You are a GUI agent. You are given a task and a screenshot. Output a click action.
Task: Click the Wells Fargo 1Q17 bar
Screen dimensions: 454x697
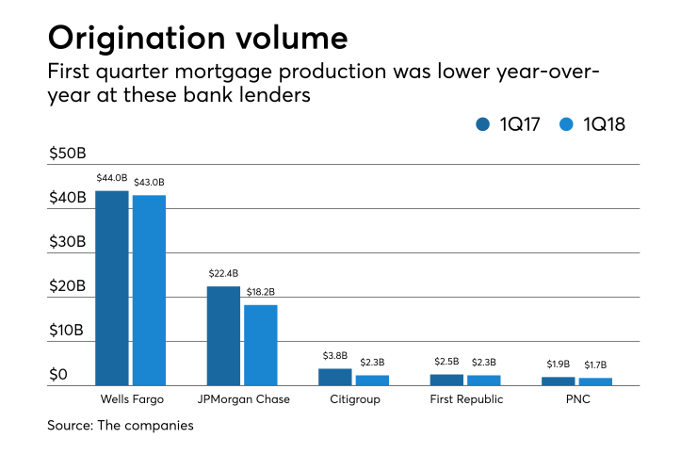coord(112,287)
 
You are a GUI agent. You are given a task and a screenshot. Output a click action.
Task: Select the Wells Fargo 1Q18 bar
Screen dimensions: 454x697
coord(149,290)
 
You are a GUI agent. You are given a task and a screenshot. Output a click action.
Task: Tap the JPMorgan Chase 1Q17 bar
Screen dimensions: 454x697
coord(223,335)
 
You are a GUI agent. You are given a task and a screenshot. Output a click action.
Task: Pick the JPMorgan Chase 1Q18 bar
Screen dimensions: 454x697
coord(260,345)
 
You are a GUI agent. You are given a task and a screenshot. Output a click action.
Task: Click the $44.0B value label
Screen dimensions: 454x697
coord(112,178)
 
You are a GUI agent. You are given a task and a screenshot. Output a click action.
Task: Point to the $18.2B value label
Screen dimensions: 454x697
coord(260,292)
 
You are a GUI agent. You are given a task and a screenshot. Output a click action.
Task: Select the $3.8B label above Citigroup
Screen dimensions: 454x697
coord(335,356)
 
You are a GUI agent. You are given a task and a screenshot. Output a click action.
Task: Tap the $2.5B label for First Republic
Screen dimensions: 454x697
coord(446,362)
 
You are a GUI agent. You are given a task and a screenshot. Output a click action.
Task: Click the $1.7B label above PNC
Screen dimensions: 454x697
coord(594,365)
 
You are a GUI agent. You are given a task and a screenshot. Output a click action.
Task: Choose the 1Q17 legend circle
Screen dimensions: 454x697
coord(484,123)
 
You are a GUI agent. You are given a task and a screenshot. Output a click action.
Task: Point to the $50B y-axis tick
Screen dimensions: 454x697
coord(68,154)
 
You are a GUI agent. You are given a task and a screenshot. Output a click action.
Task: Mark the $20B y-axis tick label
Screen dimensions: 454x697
coord(68,286)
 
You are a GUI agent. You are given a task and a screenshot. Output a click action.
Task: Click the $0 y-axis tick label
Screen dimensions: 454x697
coord(58,375)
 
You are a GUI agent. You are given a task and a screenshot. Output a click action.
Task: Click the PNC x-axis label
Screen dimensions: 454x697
coord(575,399)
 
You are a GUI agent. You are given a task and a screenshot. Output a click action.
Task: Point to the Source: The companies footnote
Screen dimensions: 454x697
coord(121,426)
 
